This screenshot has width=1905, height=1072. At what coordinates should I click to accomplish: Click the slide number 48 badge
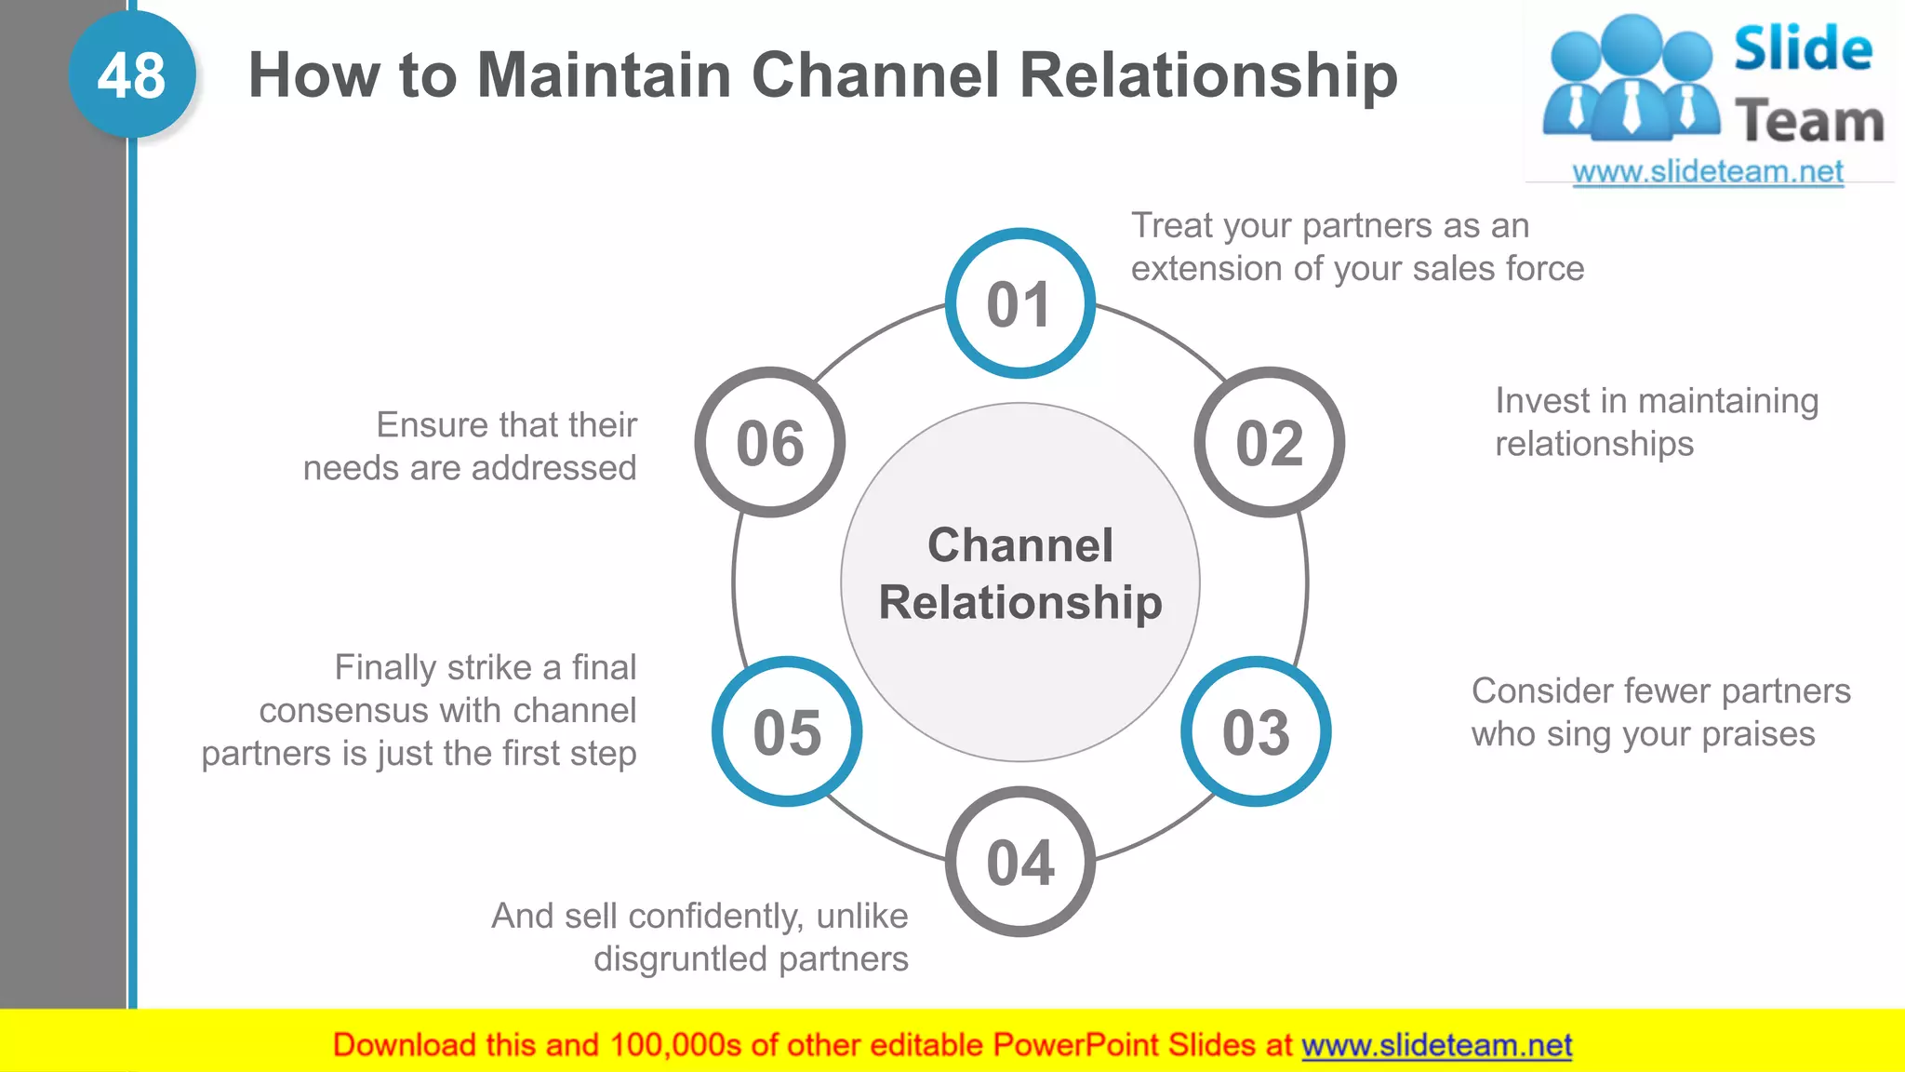(x=132, y=75)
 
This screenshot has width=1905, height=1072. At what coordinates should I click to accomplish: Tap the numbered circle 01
(x=1019, y=303)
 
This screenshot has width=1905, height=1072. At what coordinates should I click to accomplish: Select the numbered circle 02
(x=1269, y=442)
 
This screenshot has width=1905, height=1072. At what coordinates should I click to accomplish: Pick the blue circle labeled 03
(x=1256, y=731)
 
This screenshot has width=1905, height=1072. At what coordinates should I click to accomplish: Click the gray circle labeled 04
(x=1019, y=862)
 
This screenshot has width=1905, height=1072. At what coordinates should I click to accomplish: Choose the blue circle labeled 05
(x=787, y=731)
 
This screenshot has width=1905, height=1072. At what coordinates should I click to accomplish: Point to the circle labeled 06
(x=770, y=442)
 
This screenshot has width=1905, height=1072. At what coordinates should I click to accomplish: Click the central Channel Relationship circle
(x=1019, y=582)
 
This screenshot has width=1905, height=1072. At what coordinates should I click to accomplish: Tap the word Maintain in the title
(x=604, y=75)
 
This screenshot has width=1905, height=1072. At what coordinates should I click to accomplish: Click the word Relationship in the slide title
(x=1208, y=75)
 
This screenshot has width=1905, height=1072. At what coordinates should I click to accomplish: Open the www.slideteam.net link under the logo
(x=1707, y=172)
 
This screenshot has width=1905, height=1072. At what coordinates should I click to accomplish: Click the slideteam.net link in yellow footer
(x=1436, y=1045)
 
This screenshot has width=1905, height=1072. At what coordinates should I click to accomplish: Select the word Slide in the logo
(x=1802, y=49)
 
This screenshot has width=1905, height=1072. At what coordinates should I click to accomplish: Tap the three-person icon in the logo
(x=1630, y=79)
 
